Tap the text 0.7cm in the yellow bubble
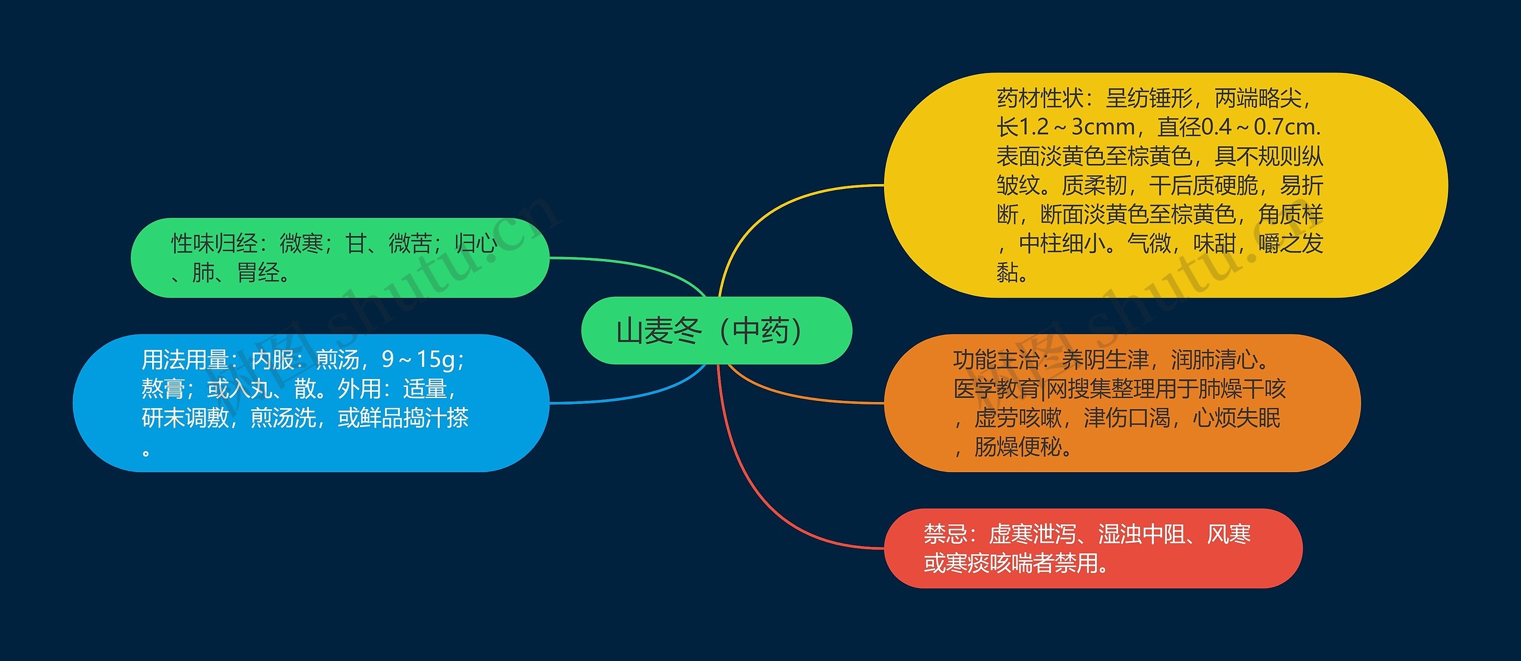pyautogui.click(x=1283, y=126)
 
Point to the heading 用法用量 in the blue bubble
pyautogui.click(x=185, y=360)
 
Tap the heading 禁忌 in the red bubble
pyautogui.click(x=945, y=535)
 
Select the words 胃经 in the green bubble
pyautogui.click(x=258, y=273)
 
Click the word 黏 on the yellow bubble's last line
pyautogui.click(x=1007, y=273)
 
